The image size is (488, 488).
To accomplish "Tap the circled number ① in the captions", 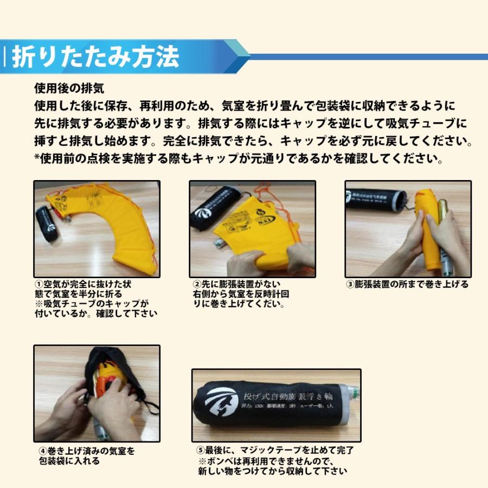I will (38, 285).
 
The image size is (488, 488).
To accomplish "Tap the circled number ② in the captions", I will (197, 285).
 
